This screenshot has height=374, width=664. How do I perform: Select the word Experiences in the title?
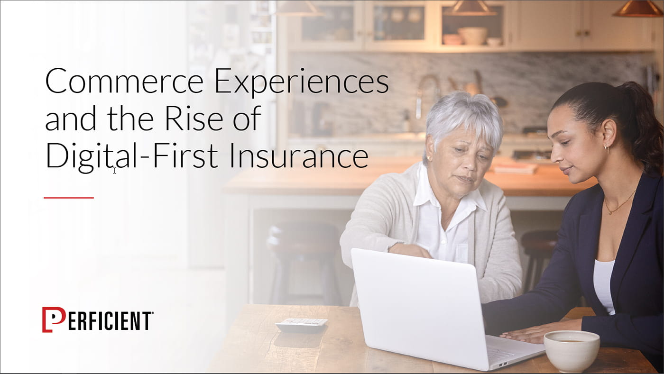(302, 83)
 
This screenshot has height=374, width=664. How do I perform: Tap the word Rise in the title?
(194, 118)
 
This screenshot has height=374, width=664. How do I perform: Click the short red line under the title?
(69, 198)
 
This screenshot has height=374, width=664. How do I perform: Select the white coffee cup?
(572, 351)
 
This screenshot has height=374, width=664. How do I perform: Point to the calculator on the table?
(302, 325)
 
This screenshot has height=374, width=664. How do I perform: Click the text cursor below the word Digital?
(115, 170)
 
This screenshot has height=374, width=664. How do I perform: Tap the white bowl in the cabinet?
(473, 36)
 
